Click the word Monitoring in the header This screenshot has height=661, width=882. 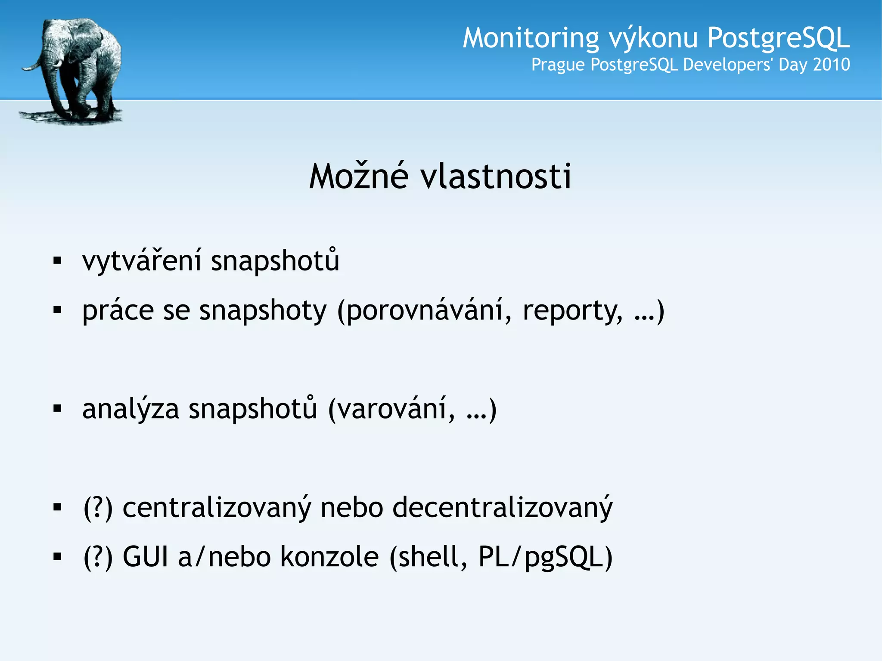coord(531,38)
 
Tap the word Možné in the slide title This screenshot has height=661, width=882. coord(358,176)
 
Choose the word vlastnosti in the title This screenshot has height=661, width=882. coord(496,176)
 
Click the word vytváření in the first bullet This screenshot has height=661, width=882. coord(142,261)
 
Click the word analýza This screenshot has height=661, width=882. coord(130,409)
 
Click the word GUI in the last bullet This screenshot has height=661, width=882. coord(145,557)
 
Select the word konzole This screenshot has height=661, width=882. coord(329,557)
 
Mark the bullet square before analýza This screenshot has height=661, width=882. coord(57,408)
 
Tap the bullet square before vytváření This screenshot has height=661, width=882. coord(57,261)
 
